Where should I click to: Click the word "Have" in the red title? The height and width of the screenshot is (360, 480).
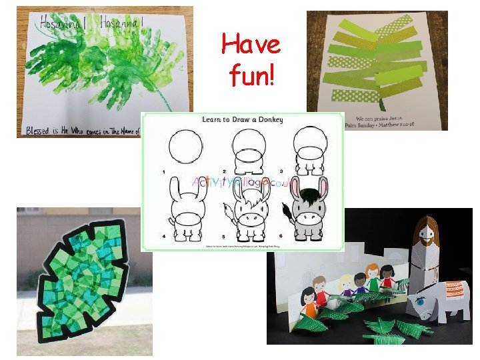[x=251, y=45]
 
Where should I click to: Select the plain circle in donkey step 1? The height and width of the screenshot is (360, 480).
[x=185, y=147]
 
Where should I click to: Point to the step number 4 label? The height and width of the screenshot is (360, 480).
[x=163, y=236]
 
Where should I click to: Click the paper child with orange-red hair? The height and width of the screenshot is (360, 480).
[x=387, y=277]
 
